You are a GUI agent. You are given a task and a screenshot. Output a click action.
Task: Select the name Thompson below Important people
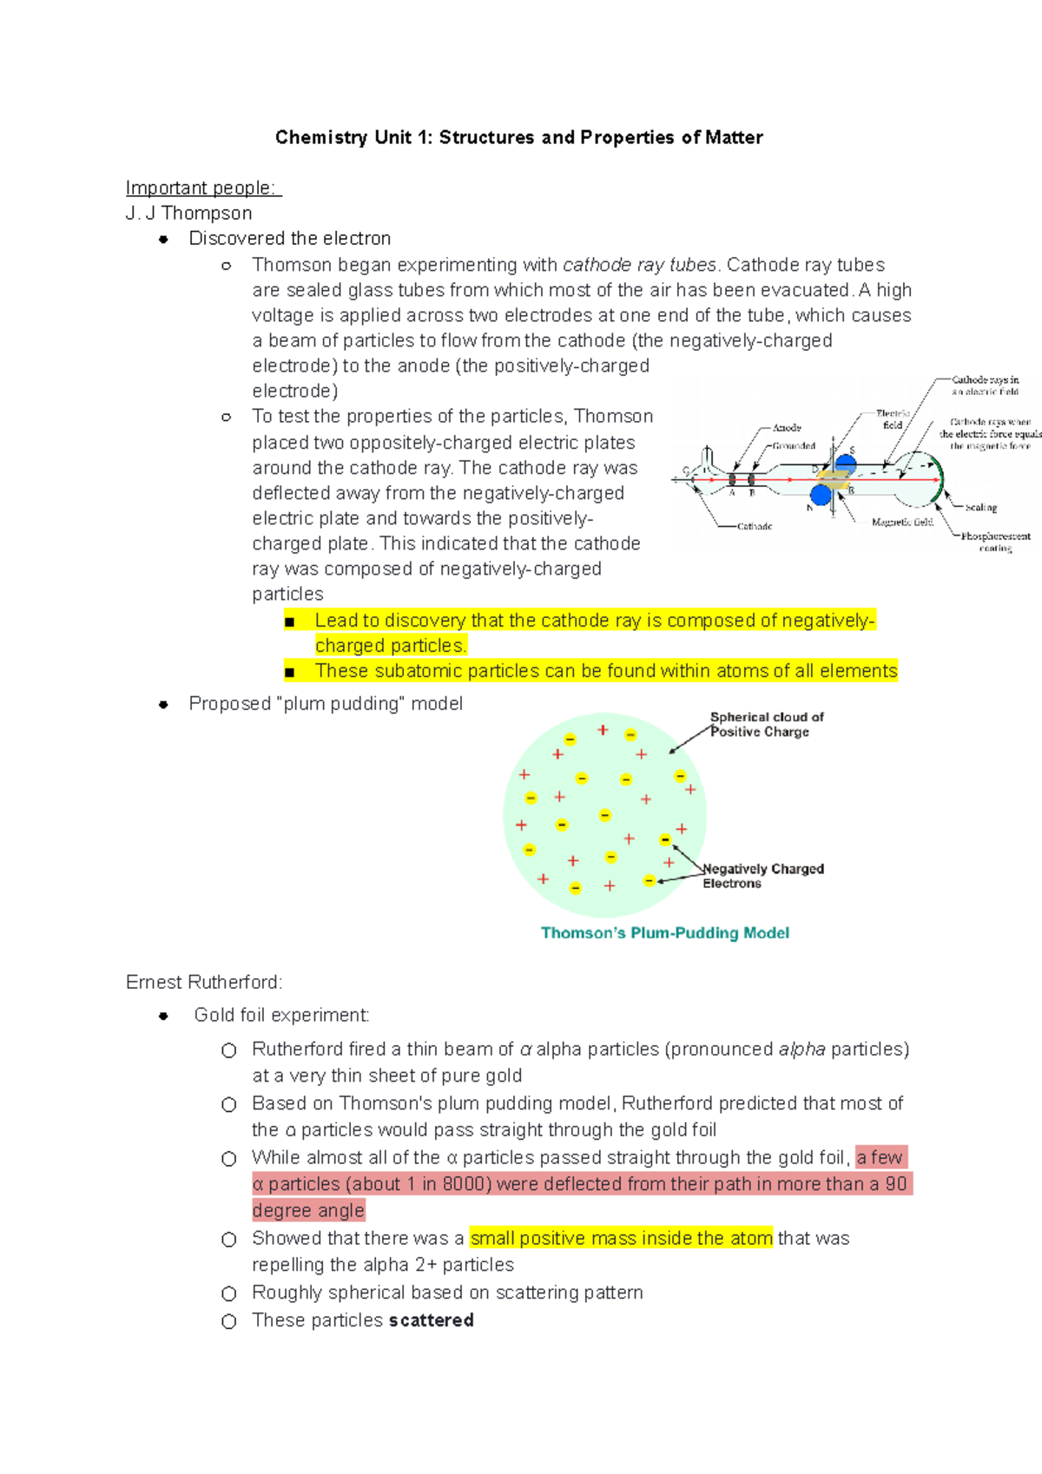point(207,214)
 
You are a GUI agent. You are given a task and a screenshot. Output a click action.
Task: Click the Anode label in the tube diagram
point(787,428)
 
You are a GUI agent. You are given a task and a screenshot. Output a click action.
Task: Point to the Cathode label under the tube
point(755,526)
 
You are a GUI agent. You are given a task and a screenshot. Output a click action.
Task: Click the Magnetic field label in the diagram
point(902,522)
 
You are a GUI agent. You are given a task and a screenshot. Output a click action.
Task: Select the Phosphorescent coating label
point(995,542)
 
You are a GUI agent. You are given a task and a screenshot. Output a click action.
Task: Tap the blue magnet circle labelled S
point(845,463)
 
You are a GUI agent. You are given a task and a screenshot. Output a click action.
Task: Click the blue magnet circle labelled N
point(821,496)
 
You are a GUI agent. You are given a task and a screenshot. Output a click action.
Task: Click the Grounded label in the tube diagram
point(794,445)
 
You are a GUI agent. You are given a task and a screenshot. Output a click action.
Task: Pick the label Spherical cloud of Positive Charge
point(765,724)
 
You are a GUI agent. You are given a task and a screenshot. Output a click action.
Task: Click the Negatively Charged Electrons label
point(762,875)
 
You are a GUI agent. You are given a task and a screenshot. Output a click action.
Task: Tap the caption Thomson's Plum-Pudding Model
point(664,933)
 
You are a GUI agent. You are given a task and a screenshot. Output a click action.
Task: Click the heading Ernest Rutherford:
point(204,983)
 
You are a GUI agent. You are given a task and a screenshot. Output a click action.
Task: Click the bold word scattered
point(432,1320)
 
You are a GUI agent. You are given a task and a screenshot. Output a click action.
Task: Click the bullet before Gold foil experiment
point(163,1016)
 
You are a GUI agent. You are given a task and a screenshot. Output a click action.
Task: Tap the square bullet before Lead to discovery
point(290,622)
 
